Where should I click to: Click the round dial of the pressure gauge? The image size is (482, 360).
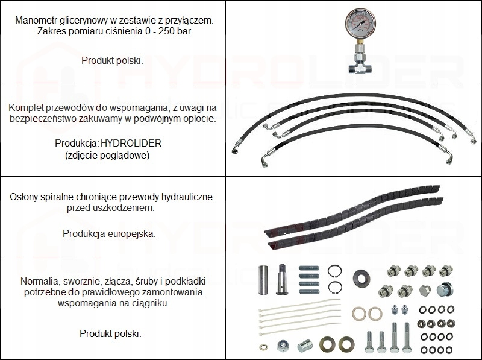[x=360, y=24]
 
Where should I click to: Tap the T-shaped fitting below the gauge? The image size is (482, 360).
[x=360, y=69]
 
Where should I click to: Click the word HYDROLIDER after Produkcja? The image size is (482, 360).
[x=131, y=143]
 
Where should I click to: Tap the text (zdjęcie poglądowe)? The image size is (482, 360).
[x=107, y=156]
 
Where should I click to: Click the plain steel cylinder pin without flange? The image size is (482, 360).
[x=263, y=280]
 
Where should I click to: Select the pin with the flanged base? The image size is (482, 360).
[x=282, y=279]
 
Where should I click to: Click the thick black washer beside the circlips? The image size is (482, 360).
[x=361, y=279]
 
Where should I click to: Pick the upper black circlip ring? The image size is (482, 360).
[x=334, y=271]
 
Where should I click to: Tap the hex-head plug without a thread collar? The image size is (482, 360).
[x=425, y=291]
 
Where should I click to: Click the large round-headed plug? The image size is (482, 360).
[x=445, y=289]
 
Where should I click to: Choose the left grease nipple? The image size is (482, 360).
[x=395, y=309]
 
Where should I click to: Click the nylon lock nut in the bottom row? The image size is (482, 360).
[x=283, y=346]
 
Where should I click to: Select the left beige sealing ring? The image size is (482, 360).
[x=359, y=314]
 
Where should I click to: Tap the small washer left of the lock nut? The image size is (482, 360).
[x=263, y=347]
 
